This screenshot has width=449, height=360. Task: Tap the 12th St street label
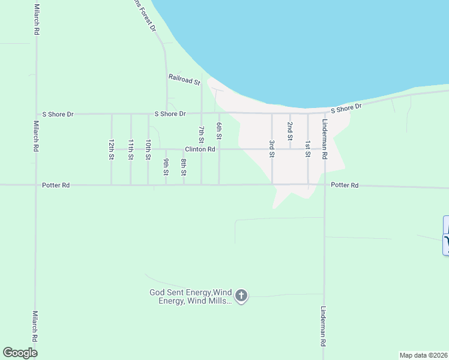[112, 149]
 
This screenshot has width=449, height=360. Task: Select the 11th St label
[131, 149]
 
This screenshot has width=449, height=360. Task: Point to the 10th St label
[148, 149]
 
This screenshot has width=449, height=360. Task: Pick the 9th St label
[166, 167]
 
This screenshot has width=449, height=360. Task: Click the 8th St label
[184, 167]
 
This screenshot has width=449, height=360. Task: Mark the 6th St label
[220, 131]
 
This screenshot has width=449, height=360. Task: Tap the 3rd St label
[272, 149]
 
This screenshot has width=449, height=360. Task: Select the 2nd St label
[290, 131]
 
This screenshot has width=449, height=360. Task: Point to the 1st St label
[307, 149]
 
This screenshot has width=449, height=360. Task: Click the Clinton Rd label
[200, 149]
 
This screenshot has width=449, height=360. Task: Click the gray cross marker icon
[241, 295]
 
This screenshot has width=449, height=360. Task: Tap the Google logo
[20, 353]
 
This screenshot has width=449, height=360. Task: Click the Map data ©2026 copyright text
[423, 355]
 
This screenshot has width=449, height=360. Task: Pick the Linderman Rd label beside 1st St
[325, 139]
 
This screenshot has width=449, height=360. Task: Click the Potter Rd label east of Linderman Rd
[345, 186]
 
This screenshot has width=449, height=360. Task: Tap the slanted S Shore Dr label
[348, 108]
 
